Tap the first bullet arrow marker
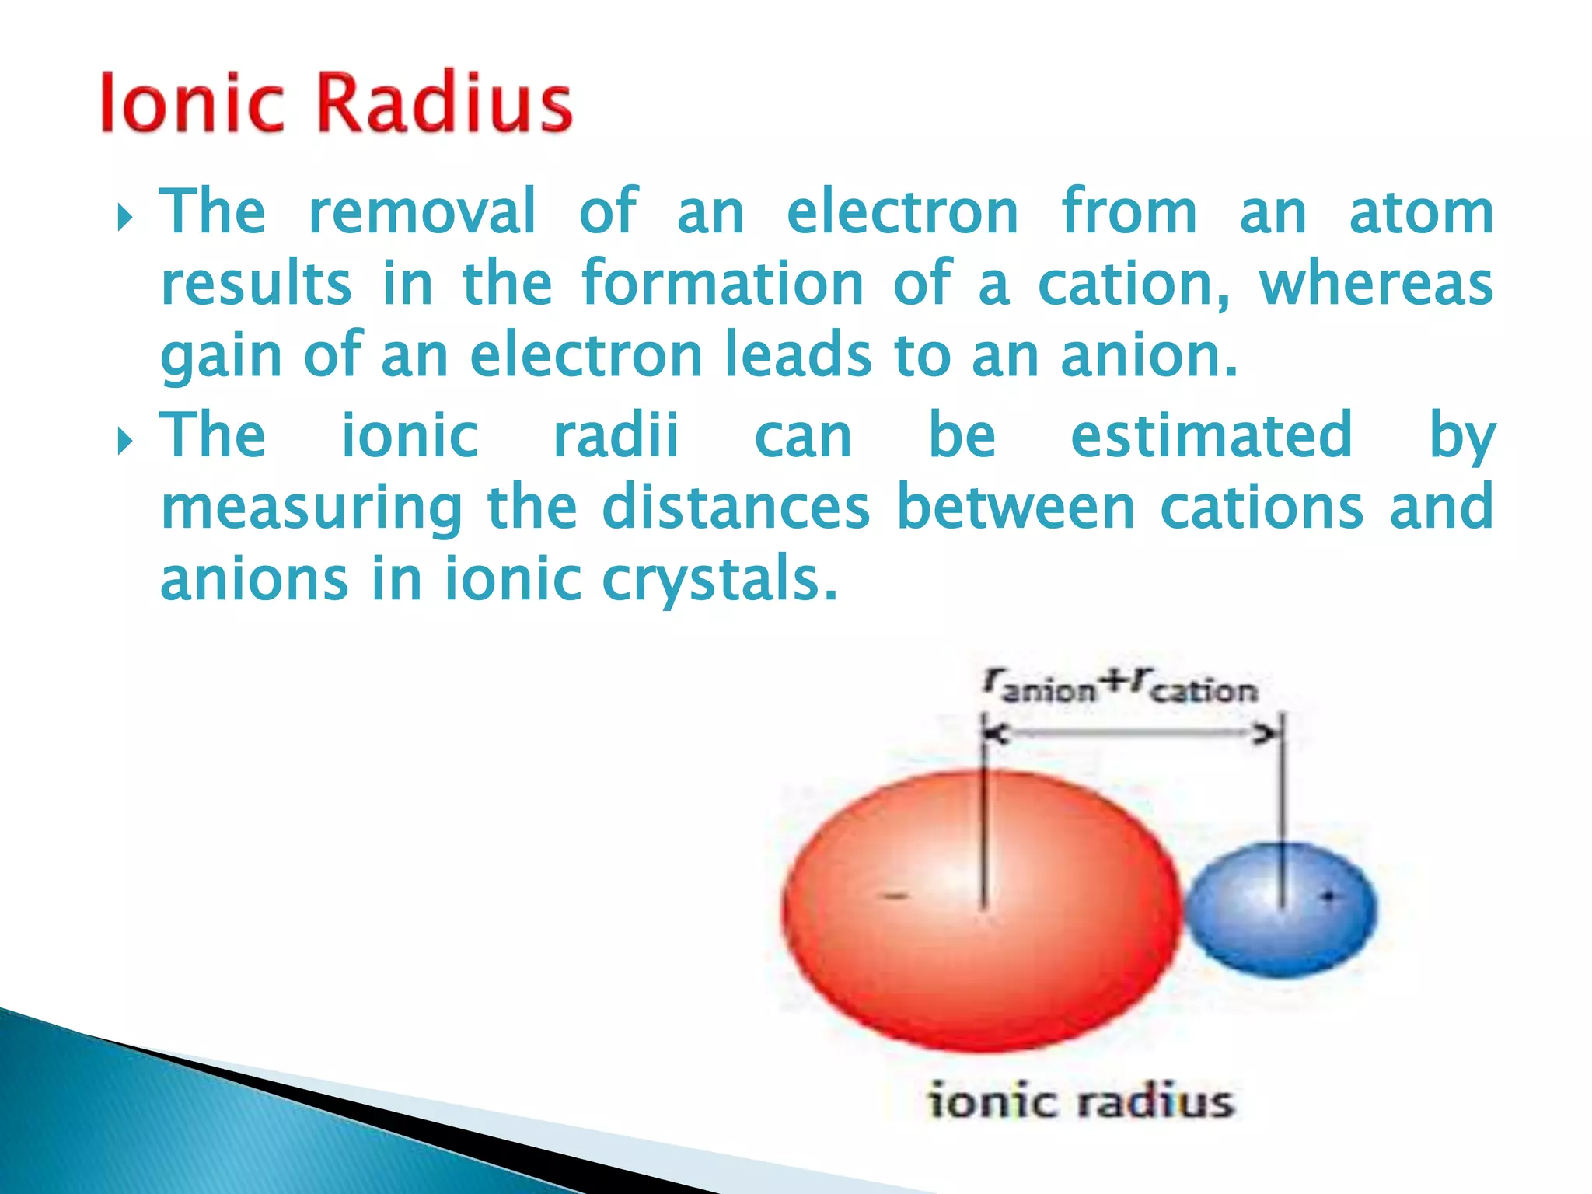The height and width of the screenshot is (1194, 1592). point(124,218)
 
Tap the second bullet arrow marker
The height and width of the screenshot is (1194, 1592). point(124,442)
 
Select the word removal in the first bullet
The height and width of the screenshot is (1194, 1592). point(422,211)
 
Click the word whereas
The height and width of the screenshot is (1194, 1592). point(1375,284)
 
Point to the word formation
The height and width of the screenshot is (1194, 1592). point(722,284)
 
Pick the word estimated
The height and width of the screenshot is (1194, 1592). point(1211,435)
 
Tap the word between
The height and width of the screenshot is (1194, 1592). point(1015,508)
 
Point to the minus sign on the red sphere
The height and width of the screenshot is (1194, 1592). point(895,897)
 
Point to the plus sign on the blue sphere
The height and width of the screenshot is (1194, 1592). point(1328,897)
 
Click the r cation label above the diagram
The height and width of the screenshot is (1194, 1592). point(1193,687)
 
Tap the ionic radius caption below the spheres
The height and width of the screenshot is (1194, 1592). point(1081,1102)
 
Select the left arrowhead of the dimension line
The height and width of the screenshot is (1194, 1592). point(995,734)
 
